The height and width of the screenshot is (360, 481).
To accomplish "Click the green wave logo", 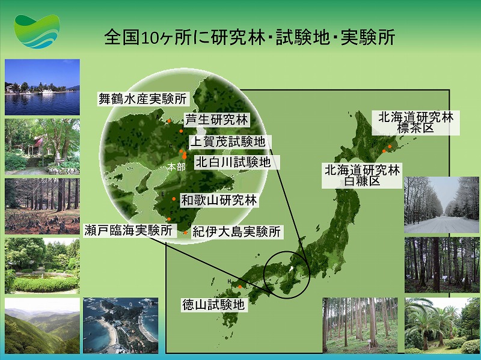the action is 37,31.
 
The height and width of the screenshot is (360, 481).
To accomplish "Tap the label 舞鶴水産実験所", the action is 143,99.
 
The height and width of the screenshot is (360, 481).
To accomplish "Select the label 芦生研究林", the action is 216,120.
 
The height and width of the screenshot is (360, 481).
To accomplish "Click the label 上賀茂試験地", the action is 228,142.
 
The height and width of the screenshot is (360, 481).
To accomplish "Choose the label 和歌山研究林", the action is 219,200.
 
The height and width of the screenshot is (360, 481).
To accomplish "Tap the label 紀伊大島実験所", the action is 236,232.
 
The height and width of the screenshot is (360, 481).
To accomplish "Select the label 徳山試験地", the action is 213,305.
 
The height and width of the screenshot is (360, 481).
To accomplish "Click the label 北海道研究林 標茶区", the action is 415,123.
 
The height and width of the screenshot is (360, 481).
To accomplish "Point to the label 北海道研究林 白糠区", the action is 362,175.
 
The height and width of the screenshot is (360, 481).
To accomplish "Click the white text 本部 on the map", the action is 176,167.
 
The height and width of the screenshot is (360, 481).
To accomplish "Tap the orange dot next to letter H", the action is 240,287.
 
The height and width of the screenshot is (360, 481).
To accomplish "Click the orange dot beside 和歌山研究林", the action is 174,199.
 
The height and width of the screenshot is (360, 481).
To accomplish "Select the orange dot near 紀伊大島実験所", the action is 185,233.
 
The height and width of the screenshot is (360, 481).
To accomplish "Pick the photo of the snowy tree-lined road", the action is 441,205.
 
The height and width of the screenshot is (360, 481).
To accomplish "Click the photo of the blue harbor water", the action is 42,87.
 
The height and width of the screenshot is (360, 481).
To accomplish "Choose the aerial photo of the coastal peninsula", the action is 121,325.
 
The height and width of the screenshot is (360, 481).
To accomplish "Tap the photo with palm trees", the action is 442,325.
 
